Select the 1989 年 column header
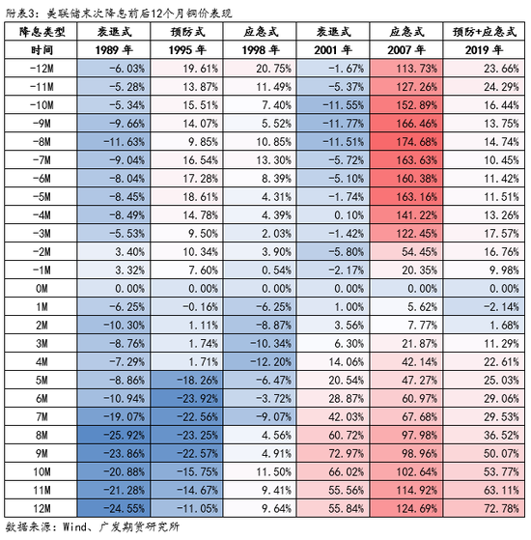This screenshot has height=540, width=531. [x=114, y=50]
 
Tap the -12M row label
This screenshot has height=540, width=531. [x=42, y=69]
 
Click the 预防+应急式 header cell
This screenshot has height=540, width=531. [x=485, y=32]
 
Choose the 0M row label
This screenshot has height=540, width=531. [x=42, y=288]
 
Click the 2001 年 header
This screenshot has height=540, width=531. [x=333, y=50]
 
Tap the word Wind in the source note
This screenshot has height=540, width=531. [x=74, y=526]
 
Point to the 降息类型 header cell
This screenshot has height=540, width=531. [x=42, y=32]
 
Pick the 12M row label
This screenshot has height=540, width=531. [x=42, y=508]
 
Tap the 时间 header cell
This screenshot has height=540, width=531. [x=42, y=50]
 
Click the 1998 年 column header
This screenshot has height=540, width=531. [x=260, y=50]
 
